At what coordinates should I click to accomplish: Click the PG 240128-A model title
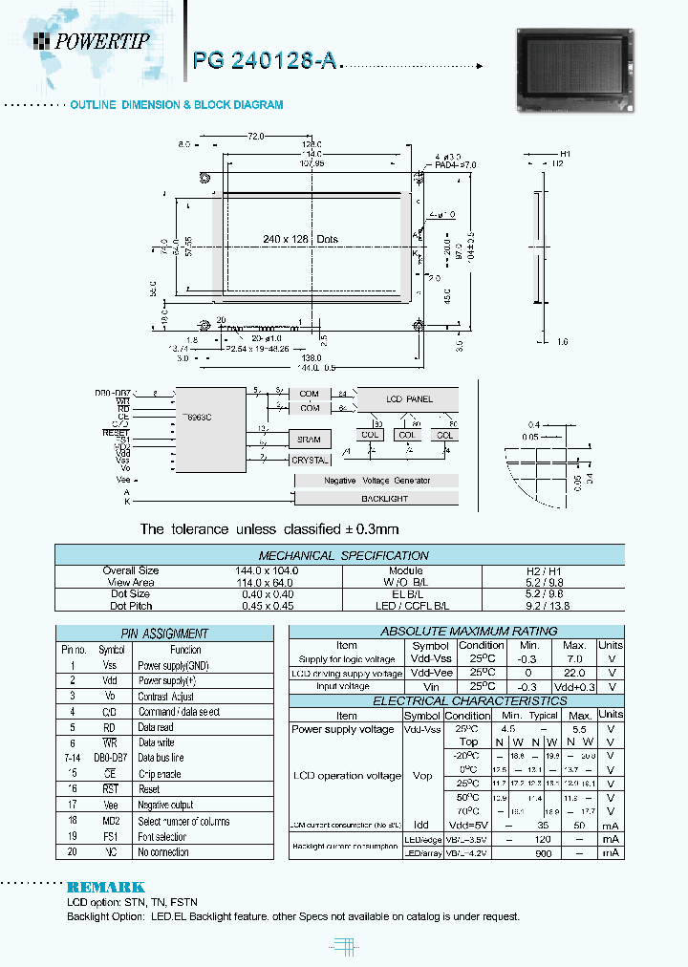tap(265, 61)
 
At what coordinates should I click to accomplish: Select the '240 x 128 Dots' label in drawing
tap(299, 240)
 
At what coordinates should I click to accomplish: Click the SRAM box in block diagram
tap(309, 439)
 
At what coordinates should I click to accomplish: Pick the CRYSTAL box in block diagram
tap(309, 460)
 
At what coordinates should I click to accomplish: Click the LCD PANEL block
tap(408, 398)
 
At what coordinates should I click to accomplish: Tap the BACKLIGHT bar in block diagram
tap(384, 499)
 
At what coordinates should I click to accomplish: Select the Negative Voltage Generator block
tap(376, 481)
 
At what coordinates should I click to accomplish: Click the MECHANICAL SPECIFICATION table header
tap(343, 555)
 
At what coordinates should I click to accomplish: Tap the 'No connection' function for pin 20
tap(162, 852)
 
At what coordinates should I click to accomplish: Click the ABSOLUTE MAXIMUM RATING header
tap(455, 631)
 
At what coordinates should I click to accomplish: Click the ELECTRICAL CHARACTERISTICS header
tap(455, 701)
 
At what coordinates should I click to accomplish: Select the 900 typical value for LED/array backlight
tap(543, 852)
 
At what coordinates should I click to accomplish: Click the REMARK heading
tap(105, 887)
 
